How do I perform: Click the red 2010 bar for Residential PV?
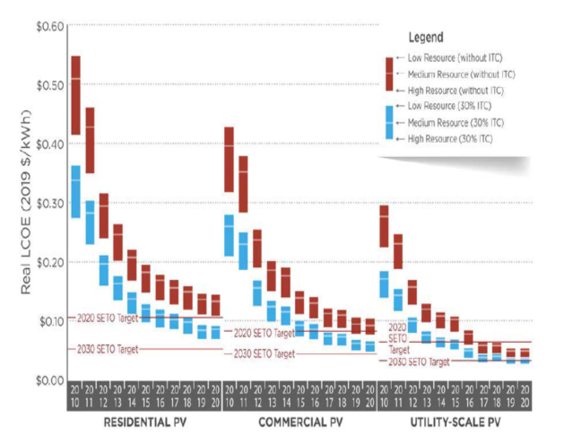click(x=76, y=94)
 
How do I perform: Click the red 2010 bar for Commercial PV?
click(x=230, y=159)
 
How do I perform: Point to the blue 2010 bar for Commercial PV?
click(x=230, y=235)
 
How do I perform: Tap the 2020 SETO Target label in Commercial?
click(x=262, y=333)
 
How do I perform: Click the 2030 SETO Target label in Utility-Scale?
click(x=420, y=362)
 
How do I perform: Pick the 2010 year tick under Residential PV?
click(x=76, y=395)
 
